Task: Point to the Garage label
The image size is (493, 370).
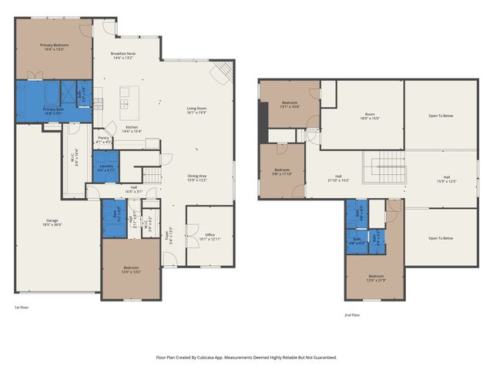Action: tap(52, 222)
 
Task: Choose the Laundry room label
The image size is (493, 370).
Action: tap(106, 167)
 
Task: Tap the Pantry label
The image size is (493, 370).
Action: tap(103, 140)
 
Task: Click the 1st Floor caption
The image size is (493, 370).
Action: tap(22, 307)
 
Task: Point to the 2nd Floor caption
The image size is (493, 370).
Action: tap(352, 314)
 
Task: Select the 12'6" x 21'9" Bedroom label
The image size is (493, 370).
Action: tap(375, 277)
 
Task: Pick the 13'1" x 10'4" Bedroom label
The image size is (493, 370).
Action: tap(290, 104)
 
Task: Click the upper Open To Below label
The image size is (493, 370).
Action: tap(441, 116)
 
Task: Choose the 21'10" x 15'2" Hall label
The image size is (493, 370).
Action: tap(338, 177)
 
